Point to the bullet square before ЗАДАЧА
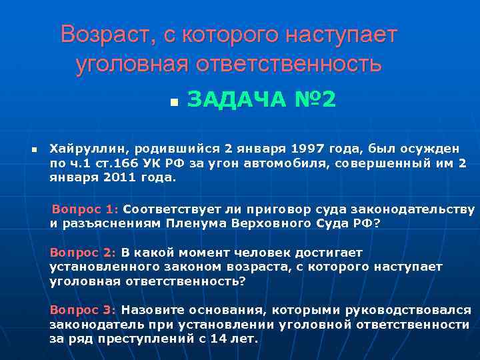coord(173,103)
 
